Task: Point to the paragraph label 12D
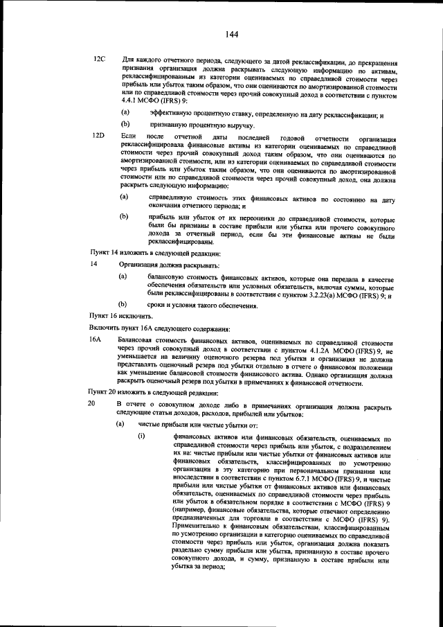[98, 135]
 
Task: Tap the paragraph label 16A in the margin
[96, 340]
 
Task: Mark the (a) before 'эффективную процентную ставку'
[125, 113]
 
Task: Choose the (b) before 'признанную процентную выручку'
[125, 125]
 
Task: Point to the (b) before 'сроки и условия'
[123, 303]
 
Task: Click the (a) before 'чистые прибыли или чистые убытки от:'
[120, 423]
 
